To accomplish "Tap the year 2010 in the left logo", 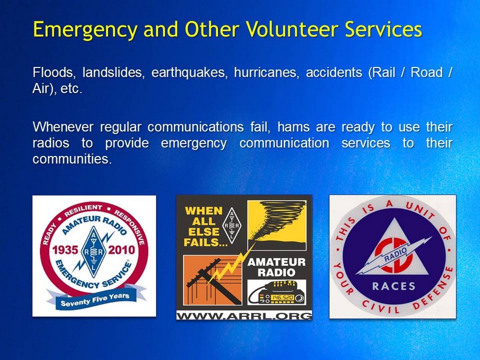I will coord(121,250).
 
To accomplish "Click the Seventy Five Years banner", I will coord(95,299).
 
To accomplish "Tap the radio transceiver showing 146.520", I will coord(276,295).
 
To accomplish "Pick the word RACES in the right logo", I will coord(394,286).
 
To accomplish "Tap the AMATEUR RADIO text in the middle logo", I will coord(276,267).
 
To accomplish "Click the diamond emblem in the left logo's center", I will coord(93,251).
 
